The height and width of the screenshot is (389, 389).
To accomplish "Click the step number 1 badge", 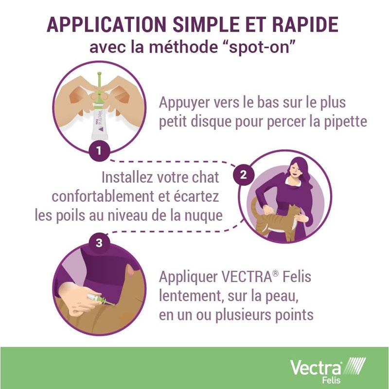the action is click(x=99, y=151).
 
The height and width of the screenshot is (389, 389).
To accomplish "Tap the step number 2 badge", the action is click(x=244, y=175).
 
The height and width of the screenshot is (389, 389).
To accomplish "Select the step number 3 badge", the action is click(x=99, y=243).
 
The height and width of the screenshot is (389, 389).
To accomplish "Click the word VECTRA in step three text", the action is click(x=247, y=277).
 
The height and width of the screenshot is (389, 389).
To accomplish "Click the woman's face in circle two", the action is click(x=295, y=171).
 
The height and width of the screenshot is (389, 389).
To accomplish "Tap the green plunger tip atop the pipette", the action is click(x=99, y=73).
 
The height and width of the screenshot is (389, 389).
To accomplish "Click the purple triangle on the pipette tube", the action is click(x=101, y=129).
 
